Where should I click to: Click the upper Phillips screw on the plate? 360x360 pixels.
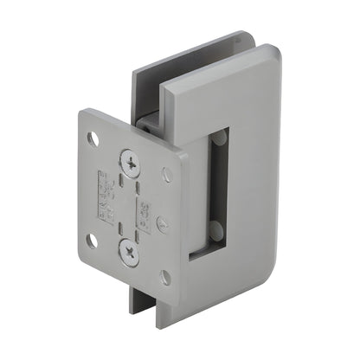130,161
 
